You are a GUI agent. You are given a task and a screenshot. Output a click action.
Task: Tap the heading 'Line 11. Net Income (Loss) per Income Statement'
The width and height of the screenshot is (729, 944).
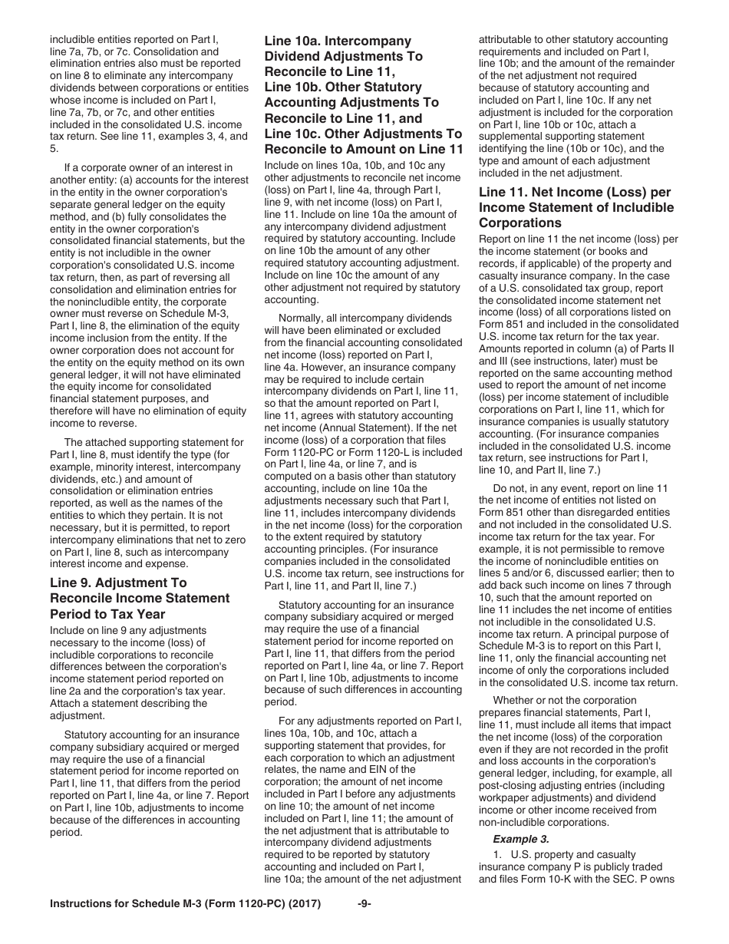pyautogui.click(x=576, y=207)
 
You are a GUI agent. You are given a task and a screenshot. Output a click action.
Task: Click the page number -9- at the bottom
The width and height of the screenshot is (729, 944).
pyautogui.click(x=364, y=926)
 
